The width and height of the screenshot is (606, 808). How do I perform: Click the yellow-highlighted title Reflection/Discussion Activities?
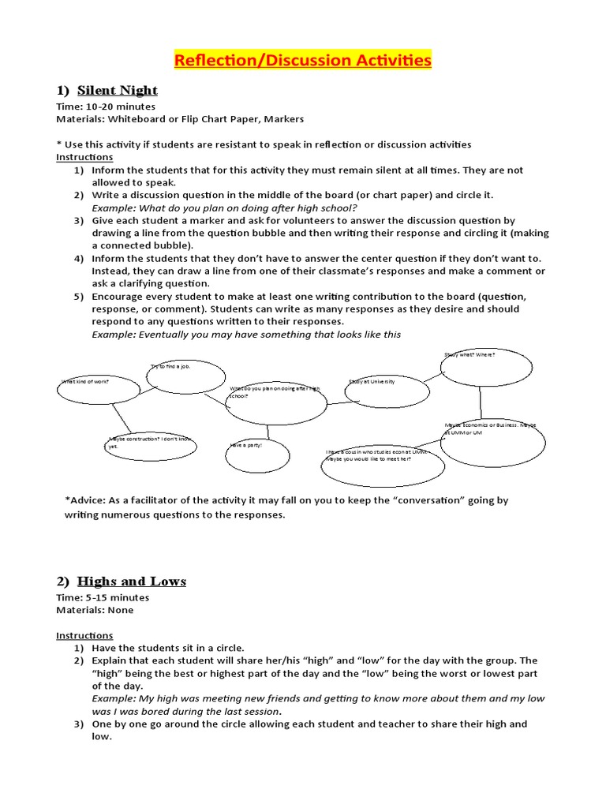coord(303,60)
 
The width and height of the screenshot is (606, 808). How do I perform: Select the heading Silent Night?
coord(118,90)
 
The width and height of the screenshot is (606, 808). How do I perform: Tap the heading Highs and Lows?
coord(132,582)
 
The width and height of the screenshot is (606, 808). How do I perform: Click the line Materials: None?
coord(95,610)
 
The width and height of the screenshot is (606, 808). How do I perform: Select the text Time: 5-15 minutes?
coord(103,597)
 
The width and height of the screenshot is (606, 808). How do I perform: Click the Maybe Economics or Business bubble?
coord(481,440)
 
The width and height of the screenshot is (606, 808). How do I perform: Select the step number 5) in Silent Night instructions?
coord(79,297)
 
